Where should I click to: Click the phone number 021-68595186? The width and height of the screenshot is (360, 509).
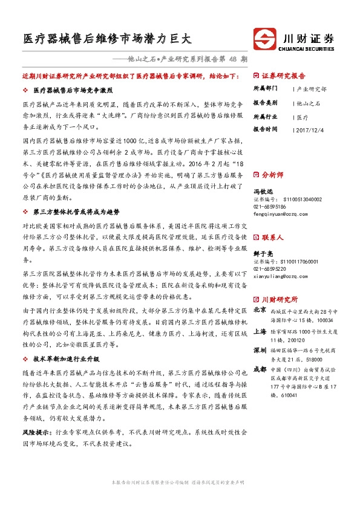(x=270, y=206)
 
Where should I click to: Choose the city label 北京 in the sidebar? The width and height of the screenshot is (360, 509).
(x=260, y=309)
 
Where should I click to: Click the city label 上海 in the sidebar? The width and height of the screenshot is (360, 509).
(x=260, y=331)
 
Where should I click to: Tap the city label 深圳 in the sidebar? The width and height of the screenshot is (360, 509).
(x=260, y=350)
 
